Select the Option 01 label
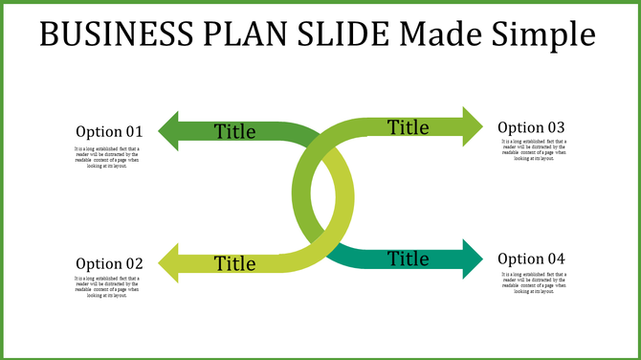pos(109,131)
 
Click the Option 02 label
pos(109,263)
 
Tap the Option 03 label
pos(531,127)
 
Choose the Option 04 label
pos(531,259)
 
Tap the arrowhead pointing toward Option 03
pos(473,126)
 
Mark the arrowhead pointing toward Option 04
pos(473,259)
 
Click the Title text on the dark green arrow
pos(235,131)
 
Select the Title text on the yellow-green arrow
pos(235,263)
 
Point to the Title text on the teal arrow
pos(409,259)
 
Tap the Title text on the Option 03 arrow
pos(409,126)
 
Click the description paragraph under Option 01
pos(107,158)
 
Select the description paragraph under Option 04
pos(534,283)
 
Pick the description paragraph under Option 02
pos(107,287)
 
